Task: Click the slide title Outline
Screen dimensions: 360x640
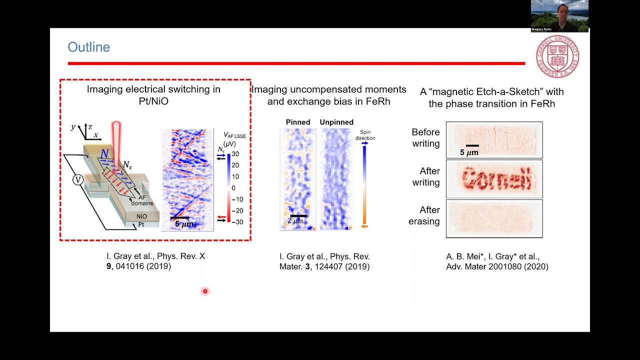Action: coord(88,47)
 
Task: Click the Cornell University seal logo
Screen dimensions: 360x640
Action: coord(557,56)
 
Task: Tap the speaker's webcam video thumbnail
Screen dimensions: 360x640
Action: coord(559,16)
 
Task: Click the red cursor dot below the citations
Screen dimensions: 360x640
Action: coord(205,291)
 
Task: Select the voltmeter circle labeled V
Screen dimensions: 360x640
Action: coord(77,180)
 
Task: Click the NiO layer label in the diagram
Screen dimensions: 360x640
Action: coord(141,216)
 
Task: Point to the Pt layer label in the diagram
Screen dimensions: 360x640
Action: coord(141,224)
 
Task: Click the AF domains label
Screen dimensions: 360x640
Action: coord(142,200)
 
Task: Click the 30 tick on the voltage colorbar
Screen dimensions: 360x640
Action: coord(235,154)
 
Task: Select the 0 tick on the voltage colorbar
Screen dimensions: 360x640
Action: coord(233,188)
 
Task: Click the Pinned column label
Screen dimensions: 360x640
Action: coord(298,122)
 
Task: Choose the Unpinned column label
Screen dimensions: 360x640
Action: coord(336,122)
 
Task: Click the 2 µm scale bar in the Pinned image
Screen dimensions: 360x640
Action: coord(298,216)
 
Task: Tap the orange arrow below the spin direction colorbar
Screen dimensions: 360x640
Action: coord(364,226)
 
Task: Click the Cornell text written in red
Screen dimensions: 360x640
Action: coord(496,179)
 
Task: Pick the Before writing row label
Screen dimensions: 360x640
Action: coord(425,137)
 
